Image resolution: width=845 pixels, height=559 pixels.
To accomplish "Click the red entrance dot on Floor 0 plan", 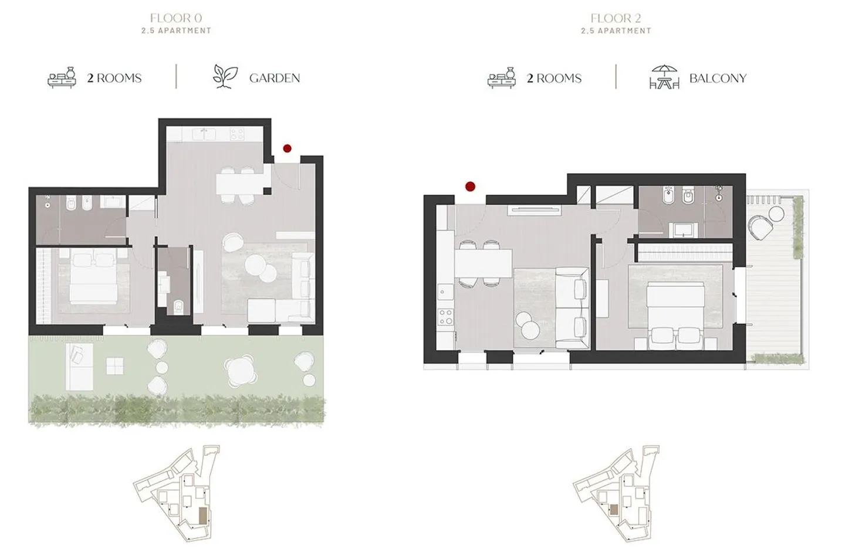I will click(x=287, y=148).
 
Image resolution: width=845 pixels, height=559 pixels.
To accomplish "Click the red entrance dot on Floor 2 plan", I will click(x=470, y=187).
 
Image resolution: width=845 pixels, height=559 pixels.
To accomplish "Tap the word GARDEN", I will click(x=274, y=78).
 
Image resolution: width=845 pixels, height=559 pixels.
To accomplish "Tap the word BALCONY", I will click(x=717, y=78).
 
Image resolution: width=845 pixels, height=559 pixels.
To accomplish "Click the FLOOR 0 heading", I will click(x=176, y=19).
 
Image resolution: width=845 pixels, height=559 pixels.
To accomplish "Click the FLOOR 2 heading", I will click(x=616, y=19).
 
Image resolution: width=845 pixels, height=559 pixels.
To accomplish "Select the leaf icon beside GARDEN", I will click(x=225, y=77).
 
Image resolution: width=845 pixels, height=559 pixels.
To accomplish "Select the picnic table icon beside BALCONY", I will click(x=664, y=77).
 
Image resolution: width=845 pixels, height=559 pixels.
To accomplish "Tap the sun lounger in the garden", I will click(x=79, y=367).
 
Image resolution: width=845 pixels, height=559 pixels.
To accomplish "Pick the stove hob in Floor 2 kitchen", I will click(x=445, y=317).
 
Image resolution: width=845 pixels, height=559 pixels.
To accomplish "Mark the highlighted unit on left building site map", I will click(x=203, y=516).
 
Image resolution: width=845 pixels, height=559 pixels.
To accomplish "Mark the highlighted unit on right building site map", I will click(x=613, y=509).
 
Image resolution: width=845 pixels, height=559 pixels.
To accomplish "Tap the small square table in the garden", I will click(x=115, y=367).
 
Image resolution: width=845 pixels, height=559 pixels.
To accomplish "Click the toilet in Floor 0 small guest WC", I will click(x=178, y=306).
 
